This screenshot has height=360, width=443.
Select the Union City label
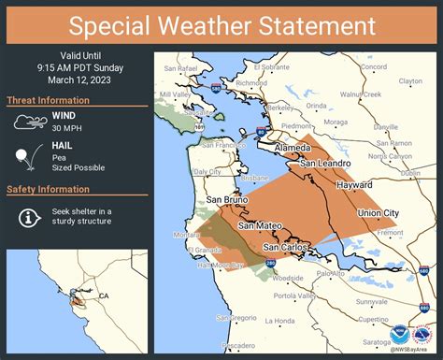coord(378,213)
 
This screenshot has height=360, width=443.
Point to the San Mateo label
coord(258,225)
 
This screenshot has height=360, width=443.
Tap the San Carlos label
coord(285,247)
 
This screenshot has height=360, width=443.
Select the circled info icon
coord(28,217)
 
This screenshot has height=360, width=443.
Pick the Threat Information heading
coord(54,100)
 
